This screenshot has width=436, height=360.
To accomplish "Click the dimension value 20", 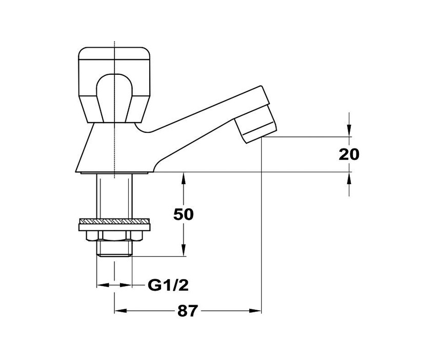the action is (349, 154).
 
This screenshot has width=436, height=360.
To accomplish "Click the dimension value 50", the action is (183, 214).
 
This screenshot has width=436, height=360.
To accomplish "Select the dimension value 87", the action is (188, 311).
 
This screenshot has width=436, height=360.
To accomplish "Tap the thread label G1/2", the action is (168, 285).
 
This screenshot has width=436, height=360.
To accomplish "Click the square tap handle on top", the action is (114, 85).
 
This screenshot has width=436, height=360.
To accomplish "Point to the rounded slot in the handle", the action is (114, 97).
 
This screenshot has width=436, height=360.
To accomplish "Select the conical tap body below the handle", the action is (114, 148).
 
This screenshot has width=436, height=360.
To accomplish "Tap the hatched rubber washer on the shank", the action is (114, 221).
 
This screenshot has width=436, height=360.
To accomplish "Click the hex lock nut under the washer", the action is (114, 235).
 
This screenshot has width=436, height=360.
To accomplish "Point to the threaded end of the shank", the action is (114, 249).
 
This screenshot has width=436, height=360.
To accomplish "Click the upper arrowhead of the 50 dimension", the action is (183, 178).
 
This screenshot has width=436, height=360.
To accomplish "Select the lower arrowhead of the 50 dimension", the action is (183, 250).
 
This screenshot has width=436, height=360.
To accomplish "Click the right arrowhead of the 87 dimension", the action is (255, 311).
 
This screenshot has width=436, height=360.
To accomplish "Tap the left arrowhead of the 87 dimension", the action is (121, 311).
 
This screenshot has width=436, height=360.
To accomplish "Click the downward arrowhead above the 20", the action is (349, 131).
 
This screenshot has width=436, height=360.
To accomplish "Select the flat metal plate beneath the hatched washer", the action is (114, 227).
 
